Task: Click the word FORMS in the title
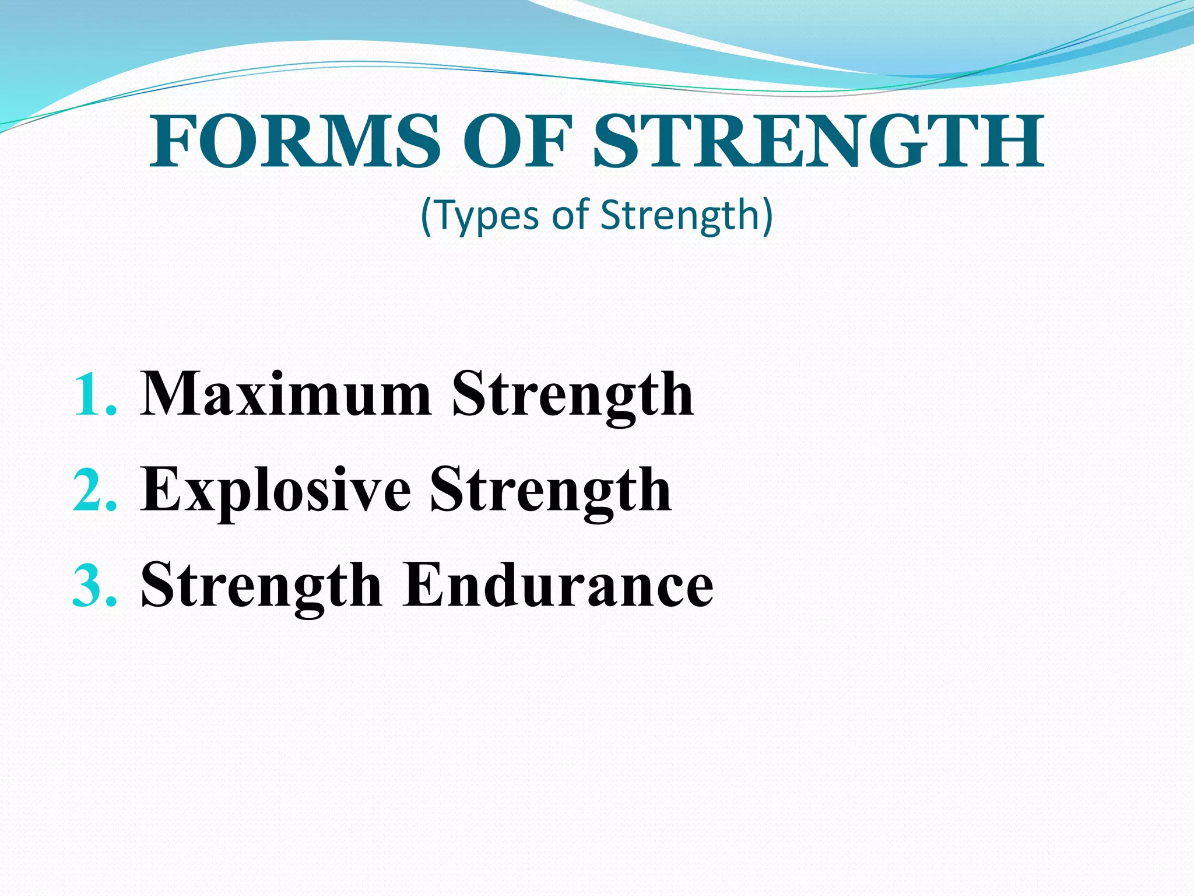[294, 142]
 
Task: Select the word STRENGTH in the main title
[818, 142]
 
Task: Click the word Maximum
[286, 395]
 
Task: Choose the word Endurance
[558, 585]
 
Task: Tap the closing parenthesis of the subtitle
[767, 216]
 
